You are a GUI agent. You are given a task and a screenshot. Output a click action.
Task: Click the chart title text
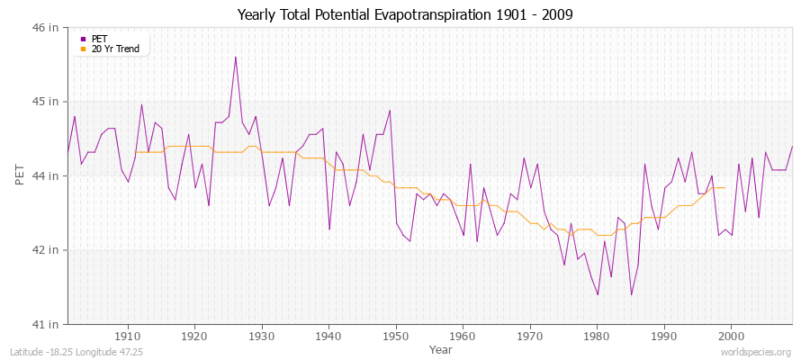click(x=405, y=14)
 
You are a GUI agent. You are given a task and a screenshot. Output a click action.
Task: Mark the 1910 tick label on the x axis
click(x=128, y=336)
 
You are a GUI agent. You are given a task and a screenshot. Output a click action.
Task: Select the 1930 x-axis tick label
click(x=262, y=336)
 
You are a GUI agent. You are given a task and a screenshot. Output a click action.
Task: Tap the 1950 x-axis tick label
click(x=396, y=336)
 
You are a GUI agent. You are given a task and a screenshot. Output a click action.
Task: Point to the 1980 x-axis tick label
click(x=597, y=336)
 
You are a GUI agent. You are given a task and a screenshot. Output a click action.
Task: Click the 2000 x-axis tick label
click(x=731, y=336)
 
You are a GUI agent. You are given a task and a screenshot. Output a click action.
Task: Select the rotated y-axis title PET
click(x=20, y=175)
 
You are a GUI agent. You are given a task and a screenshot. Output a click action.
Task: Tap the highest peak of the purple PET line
click(x=236, y=57)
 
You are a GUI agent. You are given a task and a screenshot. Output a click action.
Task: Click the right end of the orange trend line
click(x=724, y=187)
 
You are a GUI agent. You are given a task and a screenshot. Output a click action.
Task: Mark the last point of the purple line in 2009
click(x=792, y=146)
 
